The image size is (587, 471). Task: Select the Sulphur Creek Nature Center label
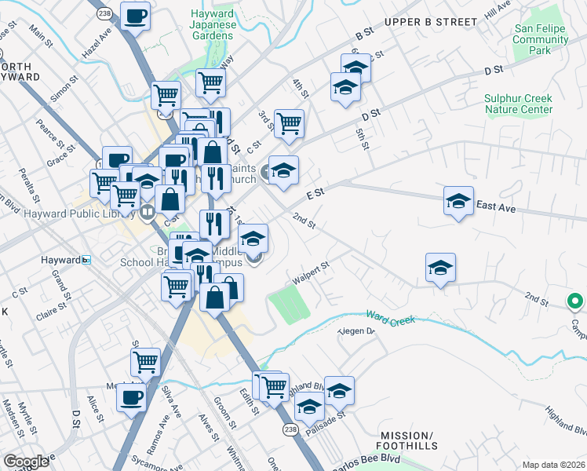[x=518, y=104]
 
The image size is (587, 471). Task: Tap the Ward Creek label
[x=389, y=317]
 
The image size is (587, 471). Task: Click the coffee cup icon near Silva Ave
[x=131, y=396]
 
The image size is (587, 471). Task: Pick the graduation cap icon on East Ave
[x=458, y=201]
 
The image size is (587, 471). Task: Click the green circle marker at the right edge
[x=575, y=301]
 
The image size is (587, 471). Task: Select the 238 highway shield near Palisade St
[x=290, y=429]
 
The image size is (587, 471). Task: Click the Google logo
[x=27, y=461]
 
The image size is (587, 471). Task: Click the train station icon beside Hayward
[x=86, y=260]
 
